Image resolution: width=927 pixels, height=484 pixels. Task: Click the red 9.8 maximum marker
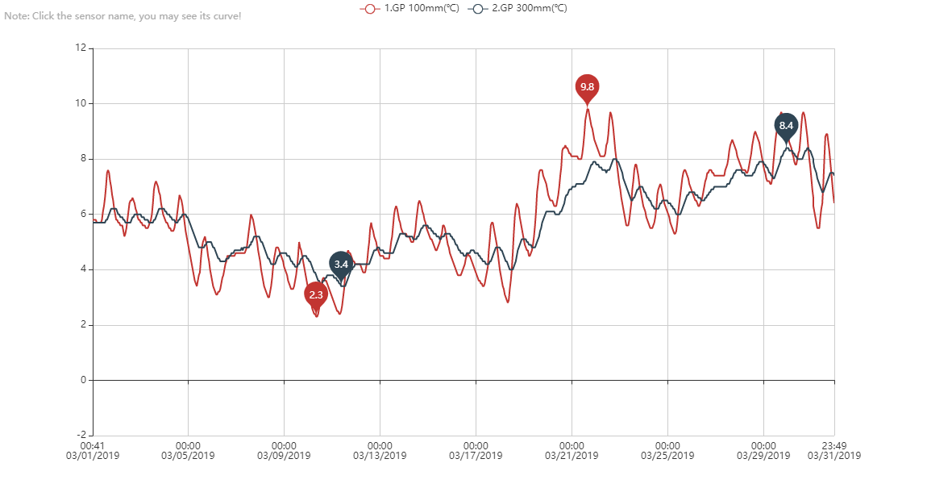[587, 87]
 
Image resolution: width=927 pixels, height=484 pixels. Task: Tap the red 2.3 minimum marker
[315, 295]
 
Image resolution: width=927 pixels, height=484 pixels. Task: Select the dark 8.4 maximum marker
[786, 126]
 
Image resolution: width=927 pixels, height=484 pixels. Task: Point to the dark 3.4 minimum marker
[341, 265]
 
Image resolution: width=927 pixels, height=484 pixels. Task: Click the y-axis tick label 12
[80, 48]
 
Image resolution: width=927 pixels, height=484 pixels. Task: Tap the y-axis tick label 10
[80, 103]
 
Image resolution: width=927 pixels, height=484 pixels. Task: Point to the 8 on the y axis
[82, 159]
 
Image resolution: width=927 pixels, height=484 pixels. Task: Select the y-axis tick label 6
[82, 214]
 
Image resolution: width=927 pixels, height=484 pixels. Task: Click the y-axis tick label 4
[82, 269]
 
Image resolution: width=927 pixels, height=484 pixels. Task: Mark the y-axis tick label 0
[82, 380]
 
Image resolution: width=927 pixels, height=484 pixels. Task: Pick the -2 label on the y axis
[80, 436]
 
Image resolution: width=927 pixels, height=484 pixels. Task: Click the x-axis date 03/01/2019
[93, 456]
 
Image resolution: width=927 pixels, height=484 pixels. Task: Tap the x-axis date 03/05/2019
[188, 456]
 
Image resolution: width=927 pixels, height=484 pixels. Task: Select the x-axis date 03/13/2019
[380, 456]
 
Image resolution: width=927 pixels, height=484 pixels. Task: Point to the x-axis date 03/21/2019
[572, 456]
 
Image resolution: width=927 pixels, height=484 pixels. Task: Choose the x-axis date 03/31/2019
[834, 456]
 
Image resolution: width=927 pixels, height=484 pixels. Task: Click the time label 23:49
[834, 445]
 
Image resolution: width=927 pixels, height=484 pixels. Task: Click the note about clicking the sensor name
[123, 16]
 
